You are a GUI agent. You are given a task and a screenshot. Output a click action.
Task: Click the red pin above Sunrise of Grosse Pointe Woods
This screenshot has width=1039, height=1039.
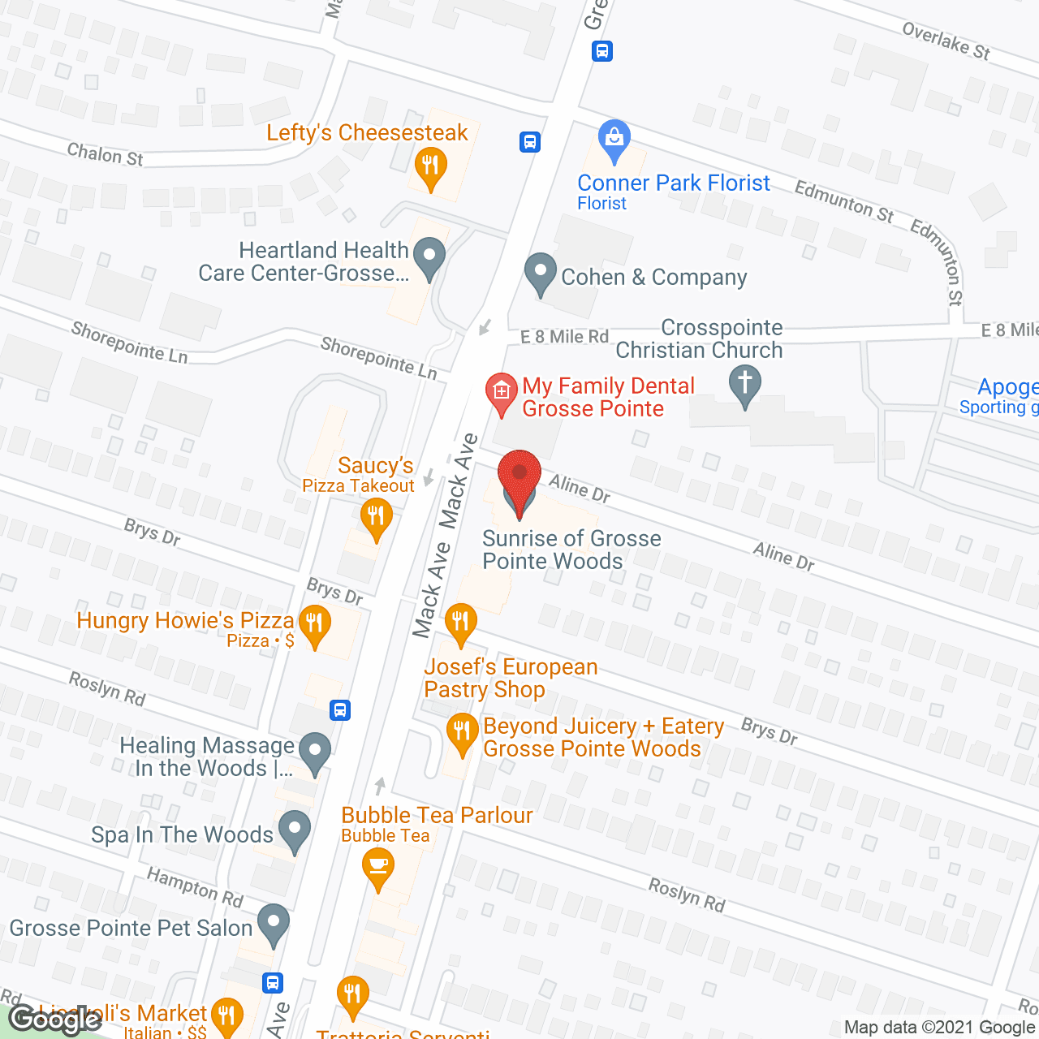click(519, 475)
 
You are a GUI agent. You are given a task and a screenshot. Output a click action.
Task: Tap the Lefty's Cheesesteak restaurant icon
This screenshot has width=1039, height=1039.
click(429, 167)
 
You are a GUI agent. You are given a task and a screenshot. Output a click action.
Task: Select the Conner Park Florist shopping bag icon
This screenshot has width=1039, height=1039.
click(614, 140)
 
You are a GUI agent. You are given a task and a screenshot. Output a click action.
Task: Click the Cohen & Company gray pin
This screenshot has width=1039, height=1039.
click(540, 273)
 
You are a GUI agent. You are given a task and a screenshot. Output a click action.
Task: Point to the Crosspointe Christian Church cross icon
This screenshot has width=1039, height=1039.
click(744, 383)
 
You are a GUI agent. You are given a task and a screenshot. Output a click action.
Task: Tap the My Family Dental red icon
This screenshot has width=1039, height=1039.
click(502, 392)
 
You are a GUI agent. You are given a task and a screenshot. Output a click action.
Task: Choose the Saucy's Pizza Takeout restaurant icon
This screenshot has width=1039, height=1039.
click(376, 516)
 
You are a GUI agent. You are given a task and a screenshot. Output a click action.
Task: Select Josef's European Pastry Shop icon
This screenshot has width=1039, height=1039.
click(460, 623)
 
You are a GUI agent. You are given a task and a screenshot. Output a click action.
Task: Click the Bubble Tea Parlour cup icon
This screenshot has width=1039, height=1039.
click(377, 865)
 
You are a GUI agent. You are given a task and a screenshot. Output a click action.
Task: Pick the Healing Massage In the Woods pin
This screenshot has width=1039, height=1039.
click(315, 752)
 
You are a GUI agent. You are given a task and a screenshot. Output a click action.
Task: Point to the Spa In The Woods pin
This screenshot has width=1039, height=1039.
click(294, 830)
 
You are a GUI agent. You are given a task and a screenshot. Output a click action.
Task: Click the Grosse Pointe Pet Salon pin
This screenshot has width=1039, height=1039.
click(273, 924)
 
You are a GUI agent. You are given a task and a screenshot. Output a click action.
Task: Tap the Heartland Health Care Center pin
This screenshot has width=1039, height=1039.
click(429, 257)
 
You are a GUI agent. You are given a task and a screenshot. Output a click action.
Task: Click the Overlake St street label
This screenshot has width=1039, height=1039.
click(946, 41)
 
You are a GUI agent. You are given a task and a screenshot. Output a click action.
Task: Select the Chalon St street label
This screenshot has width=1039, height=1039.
click(105, 153)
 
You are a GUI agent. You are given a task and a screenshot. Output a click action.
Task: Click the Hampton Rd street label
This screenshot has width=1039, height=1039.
click(195, 886)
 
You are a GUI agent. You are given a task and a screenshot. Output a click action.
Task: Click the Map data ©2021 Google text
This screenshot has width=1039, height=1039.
click(940, 1028)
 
